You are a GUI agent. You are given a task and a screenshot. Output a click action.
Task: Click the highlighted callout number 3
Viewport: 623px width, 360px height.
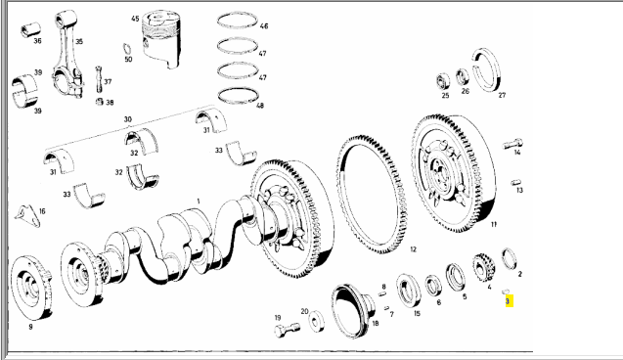click(x=508, y=301)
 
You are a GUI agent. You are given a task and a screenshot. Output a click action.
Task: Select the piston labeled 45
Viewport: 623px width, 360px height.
click(x=161, y=39)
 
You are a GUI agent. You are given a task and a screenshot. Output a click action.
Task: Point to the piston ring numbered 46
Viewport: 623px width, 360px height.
click(x=238, y=21)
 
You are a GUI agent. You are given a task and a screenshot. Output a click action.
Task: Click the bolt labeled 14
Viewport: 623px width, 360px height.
click(x=513, y=144)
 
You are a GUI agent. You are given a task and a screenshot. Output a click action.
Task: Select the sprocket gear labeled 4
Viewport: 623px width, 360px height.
click(x=483, y=267)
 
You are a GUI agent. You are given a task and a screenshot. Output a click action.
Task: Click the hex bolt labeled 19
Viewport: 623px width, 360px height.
click(x=287, y=331)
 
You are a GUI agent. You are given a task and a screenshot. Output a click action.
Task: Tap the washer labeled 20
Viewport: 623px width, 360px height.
click(x=316, y=321)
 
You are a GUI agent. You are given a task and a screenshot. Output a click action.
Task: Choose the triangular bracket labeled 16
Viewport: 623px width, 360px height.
click(x=27, y=216)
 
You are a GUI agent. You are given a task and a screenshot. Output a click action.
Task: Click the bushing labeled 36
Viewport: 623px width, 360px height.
click(x=30, y=29)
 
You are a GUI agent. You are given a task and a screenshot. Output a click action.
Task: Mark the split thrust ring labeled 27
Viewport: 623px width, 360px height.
click(x=487, y=69)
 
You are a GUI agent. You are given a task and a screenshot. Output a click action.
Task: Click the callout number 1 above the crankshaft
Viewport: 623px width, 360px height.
click(x=199, y=202)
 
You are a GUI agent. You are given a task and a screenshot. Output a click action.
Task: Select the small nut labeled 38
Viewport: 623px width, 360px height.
click(x=100, y=102)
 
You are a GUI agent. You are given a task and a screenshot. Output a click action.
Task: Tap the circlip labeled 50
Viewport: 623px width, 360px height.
click(x=127, y=49)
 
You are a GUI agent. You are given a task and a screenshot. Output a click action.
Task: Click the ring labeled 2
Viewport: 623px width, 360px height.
click(x=509, y=258)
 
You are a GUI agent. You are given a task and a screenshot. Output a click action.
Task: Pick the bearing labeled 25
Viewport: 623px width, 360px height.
click(x=443, y=81)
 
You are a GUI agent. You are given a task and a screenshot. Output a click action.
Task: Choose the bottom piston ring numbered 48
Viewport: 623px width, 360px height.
click(x=238, y=95)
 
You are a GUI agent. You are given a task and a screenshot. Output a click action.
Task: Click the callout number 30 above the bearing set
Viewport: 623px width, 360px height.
click(x=127, y=119)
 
